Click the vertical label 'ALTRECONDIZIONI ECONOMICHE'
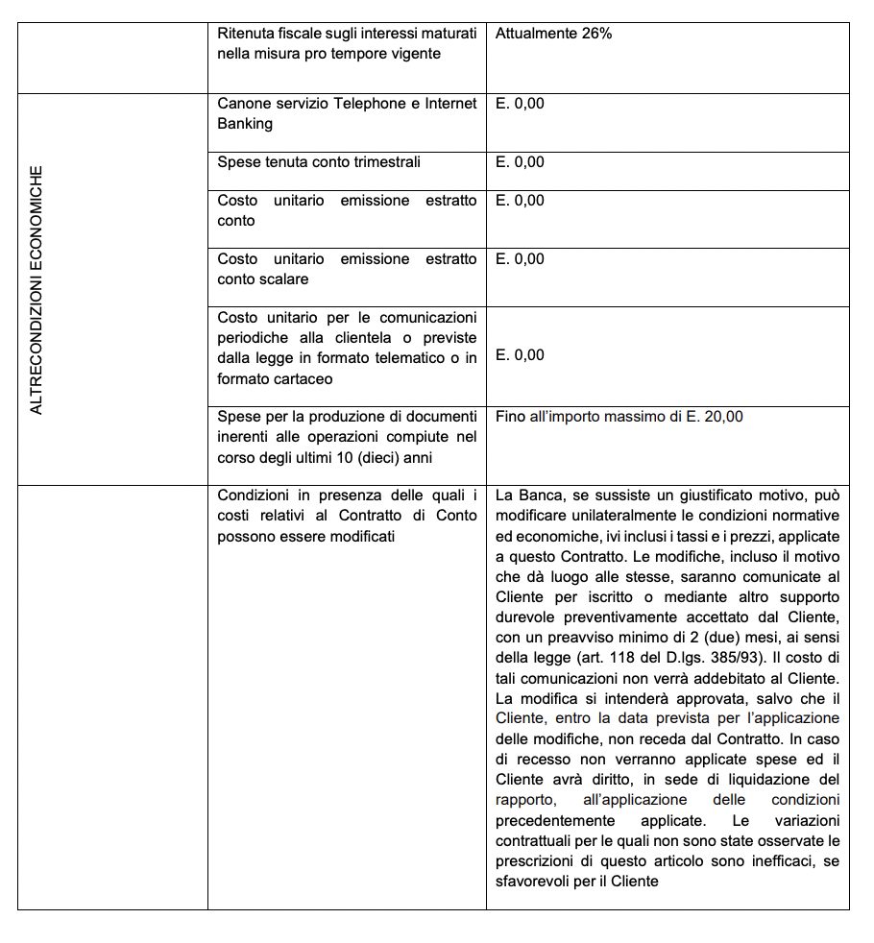tap(36, 290)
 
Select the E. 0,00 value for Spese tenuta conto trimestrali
tap(520, 162)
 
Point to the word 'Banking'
tap(245, 123)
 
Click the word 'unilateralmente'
tap(618, 516)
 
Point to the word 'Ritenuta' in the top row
tap(246, 34)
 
